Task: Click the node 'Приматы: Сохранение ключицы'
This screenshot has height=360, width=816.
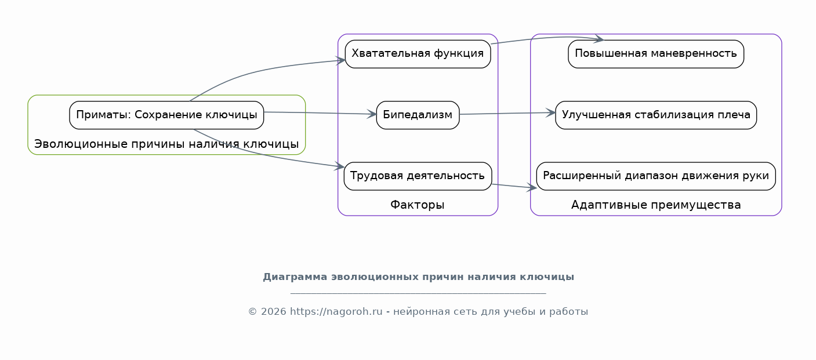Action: pos(166,115)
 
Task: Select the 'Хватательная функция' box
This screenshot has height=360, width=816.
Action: pos(418,54)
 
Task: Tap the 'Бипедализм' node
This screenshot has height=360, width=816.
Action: pos(418,115)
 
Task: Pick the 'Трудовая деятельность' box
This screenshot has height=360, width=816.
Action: pos(418,176)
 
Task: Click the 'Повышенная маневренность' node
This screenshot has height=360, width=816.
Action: pos(656,54)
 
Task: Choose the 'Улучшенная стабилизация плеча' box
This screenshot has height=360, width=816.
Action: pos(656,115)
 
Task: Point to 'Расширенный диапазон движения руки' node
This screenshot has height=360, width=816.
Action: pos(656,176)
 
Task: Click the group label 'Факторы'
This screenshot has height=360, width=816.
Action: pos(418,205)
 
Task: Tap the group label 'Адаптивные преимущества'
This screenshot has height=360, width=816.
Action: pos(656,205)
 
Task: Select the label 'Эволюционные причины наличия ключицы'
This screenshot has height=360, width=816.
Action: pos(166,144)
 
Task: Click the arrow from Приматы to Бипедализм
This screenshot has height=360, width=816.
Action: pos(320,113)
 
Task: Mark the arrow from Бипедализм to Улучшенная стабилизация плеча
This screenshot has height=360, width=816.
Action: pos(507,113)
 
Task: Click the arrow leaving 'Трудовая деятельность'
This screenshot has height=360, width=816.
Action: pos(514,186)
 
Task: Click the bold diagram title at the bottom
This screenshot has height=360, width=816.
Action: pos(419,277)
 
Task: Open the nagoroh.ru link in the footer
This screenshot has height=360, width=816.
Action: pos(336,311)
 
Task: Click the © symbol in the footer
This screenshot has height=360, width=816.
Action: pos(252,311)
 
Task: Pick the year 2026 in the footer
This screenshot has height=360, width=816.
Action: pos(274,311)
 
